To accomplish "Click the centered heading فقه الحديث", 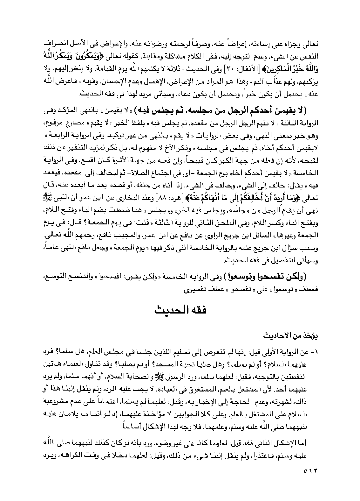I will click(180, 311).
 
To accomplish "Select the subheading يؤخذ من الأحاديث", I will click(289, 335).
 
